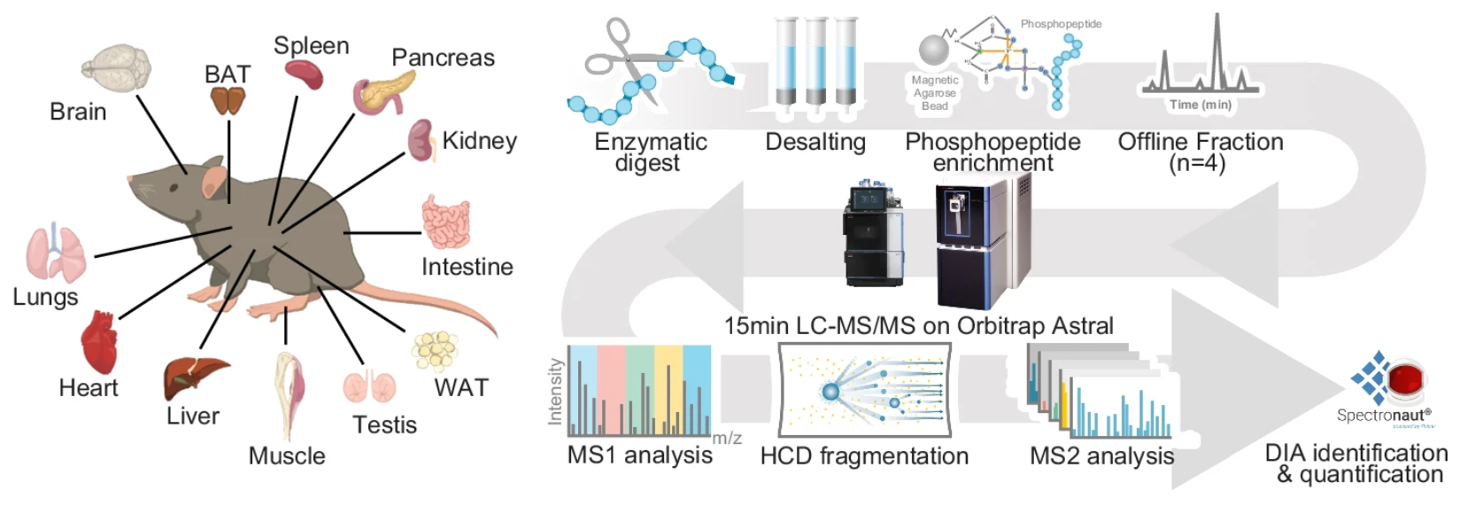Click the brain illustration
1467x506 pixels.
pos(116,69)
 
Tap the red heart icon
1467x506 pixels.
pos(98,343)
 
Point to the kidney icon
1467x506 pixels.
pos(421,142)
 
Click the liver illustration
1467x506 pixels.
pos(193,376)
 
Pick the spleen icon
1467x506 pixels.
pos(304,75)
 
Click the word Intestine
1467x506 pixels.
pos(467,267)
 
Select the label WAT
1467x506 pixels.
pos(461,387)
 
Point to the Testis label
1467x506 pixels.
pos(384,424)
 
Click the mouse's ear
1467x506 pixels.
pos(214,182)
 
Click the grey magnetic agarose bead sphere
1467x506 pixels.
pos(934,51)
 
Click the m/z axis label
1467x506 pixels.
pos(727,438)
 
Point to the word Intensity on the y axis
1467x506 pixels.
pos(555,392)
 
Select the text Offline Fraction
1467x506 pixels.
pos(1200,142)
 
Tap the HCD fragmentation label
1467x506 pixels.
pos(864,456)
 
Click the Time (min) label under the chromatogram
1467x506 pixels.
pos(1200,105)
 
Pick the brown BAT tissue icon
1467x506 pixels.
pos(228,102)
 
